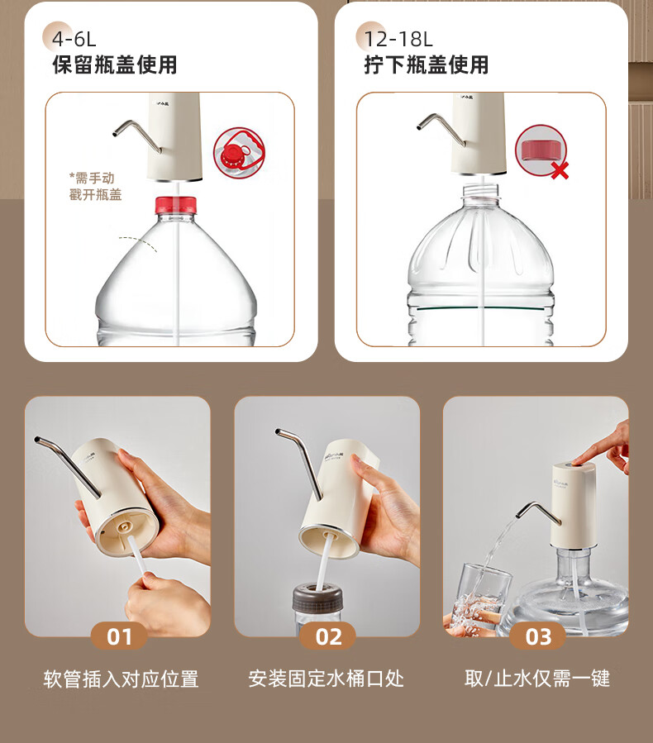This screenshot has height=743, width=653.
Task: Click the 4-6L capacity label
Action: pos(74,38)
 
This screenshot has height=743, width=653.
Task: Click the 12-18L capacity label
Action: pos(398,39)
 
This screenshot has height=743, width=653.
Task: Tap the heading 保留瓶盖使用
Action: pos(115,65)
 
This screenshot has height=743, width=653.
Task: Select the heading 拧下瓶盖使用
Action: pos(426,65)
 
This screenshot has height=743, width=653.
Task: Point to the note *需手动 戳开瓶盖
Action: pos(95,186)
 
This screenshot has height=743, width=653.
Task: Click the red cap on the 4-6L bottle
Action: pos(176,204)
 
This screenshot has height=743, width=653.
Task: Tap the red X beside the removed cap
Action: pos(560,170)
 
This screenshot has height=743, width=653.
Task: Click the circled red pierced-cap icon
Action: pos(239,152)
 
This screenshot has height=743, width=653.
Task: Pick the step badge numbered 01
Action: pos(119,636)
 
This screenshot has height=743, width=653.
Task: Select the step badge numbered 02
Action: pos(327,636)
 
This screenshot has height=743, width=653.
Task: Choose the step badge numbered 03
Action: pos(537,636)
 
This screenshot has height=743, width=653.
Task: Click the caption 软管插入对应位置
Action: pos(121,679)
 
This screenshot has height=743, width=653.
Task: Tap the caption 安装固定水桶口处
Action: pos(326,679)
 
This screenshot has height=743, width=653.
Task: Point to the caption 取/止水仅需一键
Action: pos(537,679)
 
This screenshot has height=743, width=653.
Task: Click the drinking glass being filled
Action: pos(480,598)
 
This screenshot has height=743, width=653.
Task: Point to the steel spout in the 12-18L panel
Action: pos(441,128)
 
